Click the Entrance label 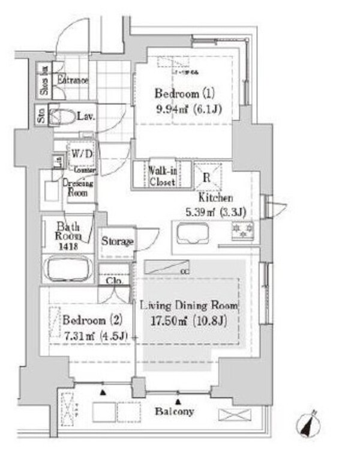click(73, 80)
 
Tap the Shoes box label click(44, 80)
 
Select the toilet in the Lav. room click(60, 115)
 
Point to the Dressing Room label click(78, 188)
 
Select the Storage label click(116, 241)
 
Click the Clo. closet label click(113, 280)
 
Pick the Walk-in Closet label click(161, 175)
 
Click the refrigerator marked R click(206, 176)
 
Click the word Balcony click(175, 412)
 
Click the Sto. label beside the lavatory click(41, 114)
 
